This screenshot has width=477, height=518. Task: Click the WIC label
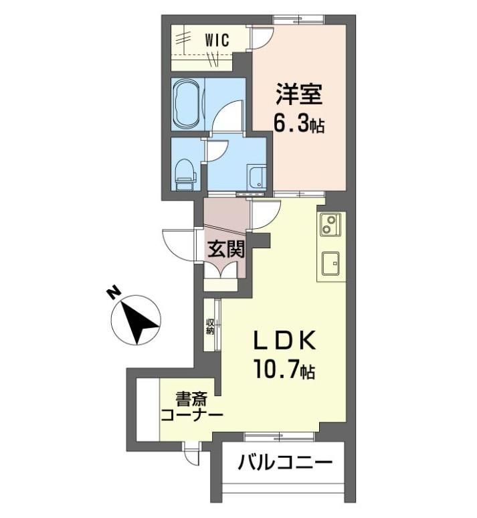coord(217,40)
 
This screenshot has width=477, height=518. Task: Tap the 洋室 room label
coord(299,94)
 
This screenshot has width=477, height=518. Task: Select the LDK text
coord(284,341)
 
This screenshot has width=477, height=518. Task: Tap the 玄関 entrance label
coord(226,249)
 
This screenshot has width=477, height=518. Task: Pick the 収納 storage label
coord(210,326)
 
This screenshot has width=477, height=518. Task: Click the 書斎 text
coord(191,399)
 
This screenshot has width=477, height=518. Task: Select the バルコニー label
coord(285,462)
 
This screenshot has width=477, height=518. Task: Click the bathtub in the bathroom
coord(187,104)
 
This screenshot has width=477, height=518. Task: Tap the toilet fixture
coord(185,175)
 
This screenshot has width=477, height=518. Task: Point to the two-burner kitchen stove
coord(330,225)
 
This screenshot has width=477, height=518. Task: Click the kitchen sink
coord(330,263)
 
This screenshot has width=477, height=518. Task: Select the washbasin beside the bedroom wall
coord(257,178)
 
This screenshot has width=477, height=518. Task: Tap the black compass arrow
coord(139,323)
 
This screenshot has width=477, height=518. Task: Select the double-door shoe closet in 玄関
coord(220,270)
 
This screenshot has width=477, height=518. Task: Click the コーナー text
coord(191,414)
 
